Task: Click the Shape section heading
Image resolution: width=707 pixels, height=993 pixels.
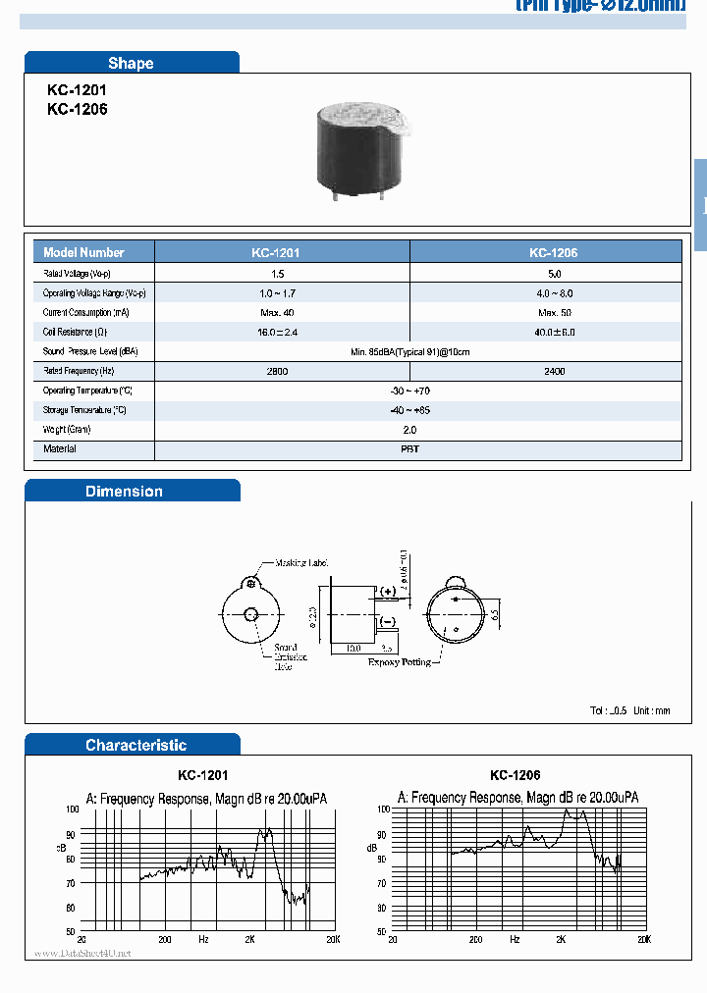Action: pyautogui.click(x=131, y=63)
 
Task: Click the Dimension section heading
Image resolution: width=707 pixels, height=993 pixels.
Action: pyautogui.click(x=124, y=491)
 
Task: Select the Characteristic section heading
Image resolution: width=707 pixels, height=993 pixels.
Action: pyautogui.click(x=136, y=745)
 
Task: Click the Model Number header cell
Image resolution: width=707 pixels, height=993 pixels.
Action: pyautogui.click(x=84, y=252)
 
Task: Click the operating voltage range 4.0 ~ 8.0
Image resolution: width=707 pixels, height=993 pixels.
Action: pyautogui.click(x=555, y=293)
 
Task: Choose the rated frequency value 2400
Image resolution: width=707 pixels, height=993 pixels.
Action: pyautogui.click(x=555, y=371)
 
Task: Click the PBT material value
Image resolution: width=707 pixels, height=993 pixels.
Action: pyautogui.click(x=409, y=448)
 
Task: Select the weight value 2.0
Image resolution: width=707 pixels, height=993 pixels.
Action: pyautogui.click(x=409, y=429)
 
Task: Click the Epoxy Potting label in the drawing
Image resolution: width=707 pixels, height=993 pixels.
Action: pyautogui.click(x=399, y=662)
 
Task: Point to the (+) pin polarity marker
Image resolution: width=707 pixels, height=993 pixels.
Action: pyautogui.click(x=387, y=592)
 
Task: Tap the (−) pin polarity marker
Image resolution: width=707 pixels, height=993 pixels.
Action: pyautogui.click(x=387, y=621)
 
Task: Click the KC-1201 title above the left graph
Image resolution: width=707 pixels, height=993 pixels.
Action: pyautogui.click(x=203, y=775)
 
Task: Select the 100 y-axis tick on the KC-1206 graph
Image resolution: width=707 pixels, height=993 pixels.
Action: pyautogui.click(x=383, y=810)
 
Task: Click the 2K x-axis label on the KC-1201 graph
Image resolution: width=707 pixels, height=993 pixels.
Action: pyautogui.click(x=250, y=939)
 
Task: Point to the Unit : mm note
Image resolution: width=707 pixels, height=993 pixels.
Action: pyautogui.click(x=651, y=710)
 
